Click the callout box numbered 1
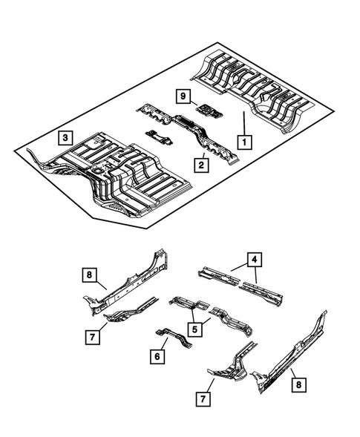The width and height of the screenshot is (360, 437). [x=243, y=138]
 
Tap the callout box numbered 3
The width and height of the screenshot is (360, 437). [x=66, y=137]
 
